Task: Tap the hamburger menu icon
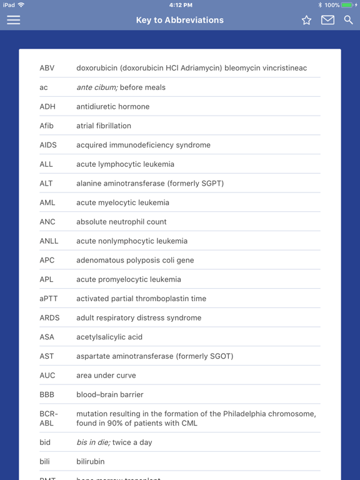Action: (13, 20)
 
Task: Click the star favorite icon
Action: (306, 20)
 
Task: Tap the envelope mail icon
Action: (327, 20)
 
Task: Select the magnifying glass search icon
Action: (348, 20)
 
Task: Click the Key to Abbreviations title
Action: (180, 20)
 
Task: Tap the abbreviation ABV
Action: (47, 68)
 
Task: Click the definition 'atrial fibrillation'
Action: (104, 126)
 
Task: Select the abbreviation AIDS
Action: (48, 145)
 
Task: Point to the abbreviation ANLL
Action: (49, 241)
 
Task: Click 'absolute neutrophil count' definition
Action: (121, 222)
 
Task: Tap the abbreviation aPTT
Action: (49, 299)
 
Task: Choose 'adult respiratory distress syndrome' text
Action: (139, 317)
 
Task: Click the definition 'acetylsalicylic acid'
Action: (109, 337)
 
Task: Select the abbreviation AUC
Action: (47, 376)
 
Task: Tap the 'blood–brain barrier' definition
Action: (110, 394)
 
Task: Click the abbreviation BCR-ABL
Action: (48, 418)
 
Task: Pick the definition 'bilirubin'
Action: (91, 461)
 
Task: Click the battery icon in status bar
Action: (347, 5)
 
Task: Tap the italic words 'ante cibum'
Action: (96, 87)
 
